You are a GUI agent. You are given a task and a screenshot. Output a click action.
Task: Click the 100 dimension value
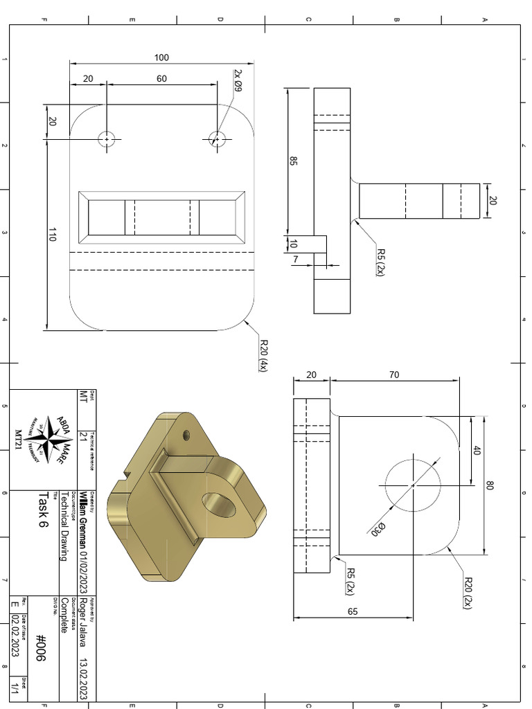(161, 57)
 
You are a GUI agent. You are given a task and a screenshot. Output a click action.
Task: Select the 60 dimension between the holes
(161, 79)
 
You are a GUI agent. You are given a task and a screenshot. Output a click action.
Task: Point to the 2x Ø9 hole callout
(236, 81)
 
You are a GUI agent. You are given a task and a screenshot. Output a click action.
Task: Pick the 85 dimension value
(293, 161)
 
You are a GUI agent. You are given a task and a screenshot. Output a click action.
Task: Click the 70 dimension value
(393, 375)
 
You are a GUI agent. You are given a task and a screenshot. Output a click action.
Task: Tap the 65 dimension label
(353, 611)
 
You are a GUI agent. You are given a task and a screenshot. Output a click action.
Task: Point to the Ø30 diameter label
(378, 530)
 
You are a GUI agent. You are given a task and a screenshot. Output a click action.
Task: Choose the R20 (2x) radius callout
(468, 592)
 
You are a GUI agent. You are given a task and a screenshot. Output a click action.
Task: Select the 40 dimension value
(476, 450)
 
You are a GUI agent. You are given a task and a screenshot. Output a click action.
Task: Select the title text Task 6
(44, 510)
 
